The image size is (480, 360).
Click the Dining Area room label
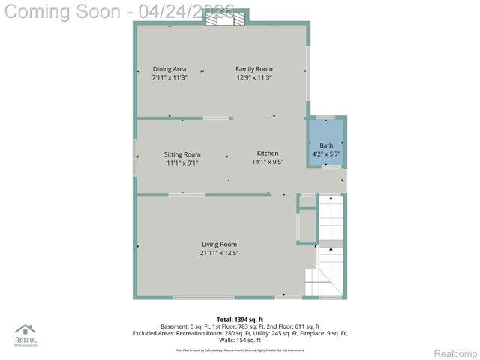pos(169,69)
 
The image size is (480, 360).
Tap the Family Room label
pos(254,69)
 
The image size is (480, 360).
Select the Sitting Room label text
pos(182,154)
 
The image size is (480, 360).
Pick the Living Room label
pos(219,244)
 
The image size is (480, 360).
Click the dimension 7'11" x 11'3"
pos(169,77)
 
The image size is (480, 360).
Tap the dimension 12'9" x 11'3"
pos(254,77)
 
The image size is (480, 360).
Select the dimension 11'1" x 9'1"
pos(182,163)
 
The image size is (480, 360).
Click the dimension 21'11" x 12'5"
pos(219,253)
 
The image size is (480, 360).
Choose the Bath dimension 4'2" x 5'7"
pos(326,154)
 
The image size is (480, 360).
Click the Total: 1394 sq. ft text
pos(240,319)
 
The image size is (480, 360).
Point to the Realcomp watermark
pos(455,353)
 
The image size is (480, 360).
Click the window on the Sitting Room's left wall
pos(136,157)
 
